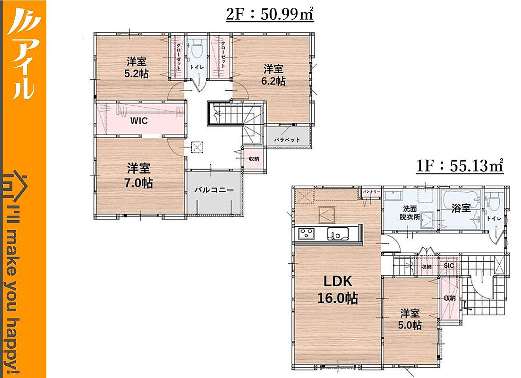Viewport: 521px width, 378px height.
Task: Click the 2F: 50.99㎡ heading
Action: click(x=270, y=15)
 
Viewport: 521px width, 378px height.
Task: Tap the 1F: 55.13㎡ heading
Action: click(x=460, y=166)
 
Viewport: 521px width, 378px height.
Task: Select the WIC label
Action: click(x=139, y=120)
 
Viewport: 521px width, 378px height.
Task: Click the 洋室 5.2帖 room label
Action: click(x=136, y=68)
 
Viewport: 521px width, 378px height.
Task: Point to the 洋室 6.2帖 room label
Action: click(x=273, y=75)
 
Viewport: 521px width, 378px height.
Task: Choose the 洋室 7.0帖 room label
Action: click(x=139, y=176)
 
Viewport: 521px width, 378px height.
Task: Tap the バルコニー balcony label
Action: click(x=214, y=190)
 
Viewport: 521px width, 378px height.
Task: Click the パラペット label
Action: click(x=287, y=140)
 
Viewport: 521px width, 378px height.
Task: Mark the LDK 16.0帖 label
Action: click(x=338, y=290)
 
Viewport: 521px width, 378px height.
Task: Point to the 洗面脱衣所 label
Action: click(x=410, y=213)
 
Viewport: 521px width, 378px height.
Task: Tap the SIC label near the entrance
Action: click(x=449, y=266)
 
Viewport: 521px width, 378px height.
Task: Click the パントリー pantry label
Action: click(x=371, y=192)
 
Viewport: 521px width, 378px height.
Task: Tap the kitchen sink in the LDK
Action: click(x=338, y=233)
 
